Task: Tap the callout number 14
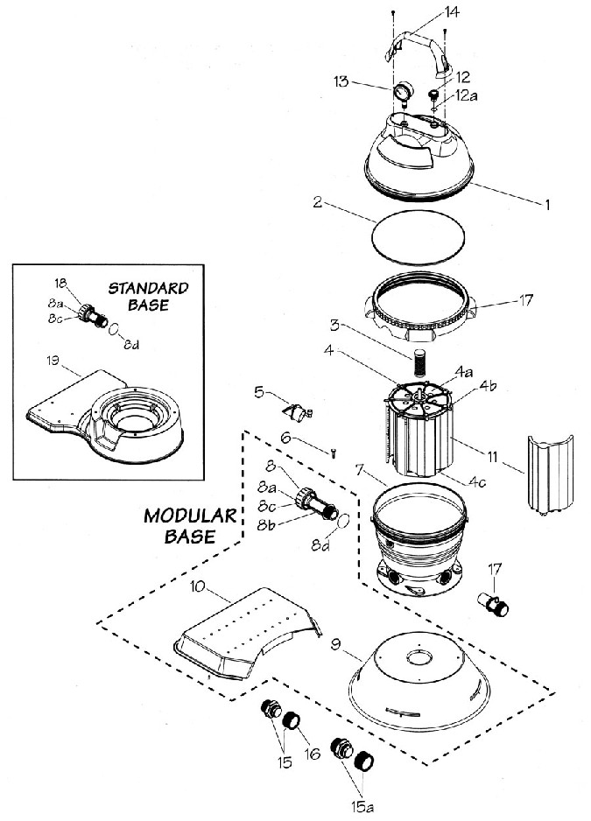451,12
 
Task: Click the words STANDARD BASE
148,297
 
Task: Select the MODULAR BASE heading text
190,526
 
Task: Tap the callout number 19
53,361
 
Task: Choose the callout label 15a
362,806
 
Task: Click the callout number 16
313,754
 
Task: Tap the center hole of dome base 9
419,657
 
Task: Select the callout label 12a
467,95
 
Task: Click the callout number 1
547,204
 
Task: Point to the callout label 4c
477,481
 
